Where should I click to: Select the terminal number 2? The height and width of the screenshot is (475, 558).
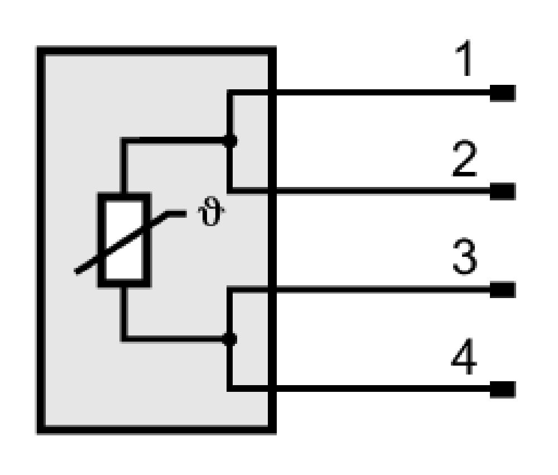coord(464,159)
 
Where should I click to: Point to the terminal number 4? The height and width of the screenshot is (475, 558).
coord(464,356)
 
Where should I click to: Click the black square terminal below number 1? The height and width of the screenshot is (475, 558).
coord(503,93)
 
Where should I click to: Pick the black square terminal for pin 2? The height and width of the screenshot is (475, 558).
coord(503,191)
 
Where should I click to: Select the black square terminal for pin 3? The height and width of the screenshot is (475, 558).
coord(503,290)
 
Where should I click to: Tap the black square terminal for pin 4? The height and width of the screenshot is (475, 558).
coord(503,389)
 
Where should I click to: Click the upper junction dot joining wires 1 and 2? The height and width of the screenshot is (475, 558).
coord(230,141)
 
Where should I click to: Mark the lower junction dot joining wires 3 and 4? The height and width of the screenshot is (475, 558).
coord(229,339)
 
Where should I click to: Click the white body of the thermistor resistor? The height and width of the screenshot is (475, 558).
coord(124,240)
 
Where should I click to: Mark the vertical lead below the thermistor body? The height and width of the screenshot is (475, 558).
coord(124,313)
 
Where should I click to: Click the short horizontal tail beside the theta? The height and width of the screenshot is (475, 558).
coord(176,214)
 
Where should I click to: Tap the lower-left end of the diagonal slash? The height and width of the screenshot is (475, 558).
coord(76,272)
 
